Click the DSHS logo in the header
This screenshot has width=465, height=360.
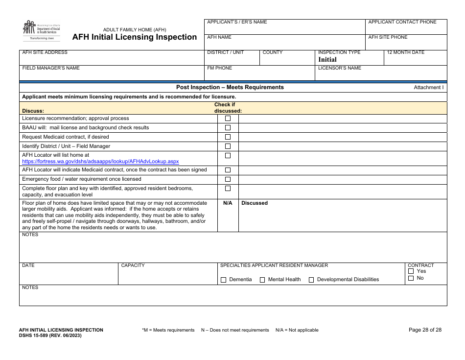point(41,30)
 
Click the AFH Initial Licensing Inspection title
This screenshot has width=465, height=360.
point(135,37)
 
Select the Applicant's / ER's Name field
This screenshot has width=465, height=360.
point(284,28)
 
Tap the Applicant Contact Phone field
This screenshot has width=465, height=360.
point(406,28)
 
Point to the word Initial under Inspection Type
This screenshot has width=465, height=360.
point(327,60)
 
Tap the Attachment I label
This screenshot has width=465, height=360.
point(428,88)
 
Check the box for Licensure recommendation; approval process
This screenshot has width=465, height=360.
point(228,119)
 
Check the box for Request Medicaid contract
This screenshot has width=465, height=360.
point(228,137)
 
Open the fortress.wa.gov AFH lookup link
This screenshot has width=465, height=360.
point(100,161)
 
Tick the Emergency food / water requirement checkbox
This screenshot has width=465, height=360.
point(228,179)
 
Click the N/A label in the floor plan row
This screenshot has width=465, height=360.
point(228,203)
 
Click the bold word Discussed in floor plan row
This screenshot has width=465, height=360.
point(255,203)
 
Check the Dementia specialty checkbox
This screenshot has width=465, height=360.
point(224,280)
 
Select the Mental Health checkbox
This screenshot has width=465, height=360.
point(262,280)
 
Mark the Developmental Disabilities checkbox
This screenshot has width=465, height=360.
point(311,280)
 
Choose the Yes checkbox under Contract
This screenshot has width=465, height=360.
point(411,271)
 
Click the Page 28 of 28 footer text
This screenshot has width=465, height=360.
point(425,330)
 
